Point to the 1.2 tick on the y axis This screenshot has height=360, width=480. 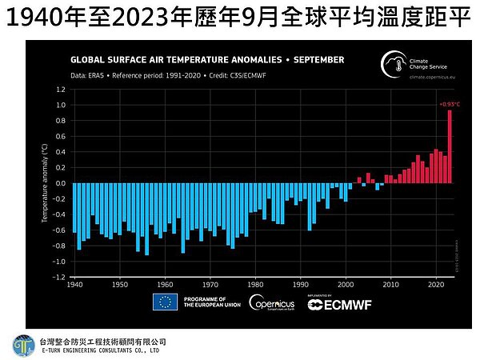coord(60,90)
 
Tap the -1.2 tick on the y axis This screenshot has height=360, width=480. coord(59,277)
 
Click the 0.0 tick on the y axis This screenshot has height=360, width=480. coord(60,183)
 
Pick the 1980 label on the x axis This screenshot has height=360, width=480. coord(255,284)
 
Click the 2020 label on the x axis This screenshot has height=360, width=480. coord(436,284)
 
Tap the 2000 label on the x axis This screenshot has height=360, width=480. coord(346,284)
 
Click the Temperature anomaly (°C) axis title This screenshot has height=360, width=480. coord(46,183)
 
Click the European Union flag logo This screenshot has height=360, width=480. coord(165,302)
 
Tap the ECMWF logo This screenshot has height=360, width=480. coord(333,303)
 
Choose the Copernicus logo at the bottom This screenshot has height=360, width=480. coord(271,302)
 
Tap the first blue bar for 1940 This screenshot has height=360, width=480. coord(74,208)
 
